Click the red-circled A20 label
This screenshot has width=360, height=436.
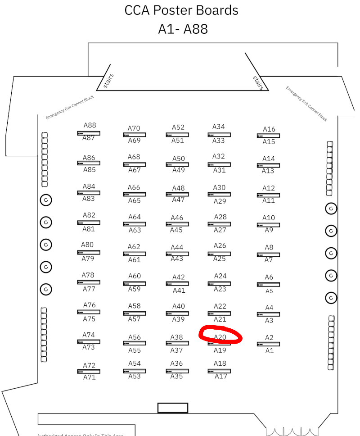[x=220, y=337]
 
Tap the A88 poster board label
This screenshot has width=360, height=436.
[x=90, y=126]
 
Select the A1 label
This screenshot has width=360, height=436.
[x=269, y=350]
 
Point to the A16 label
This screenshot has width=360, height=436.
[x=269, y=129]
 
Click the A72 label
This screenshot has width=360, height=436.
[x=89, y=365]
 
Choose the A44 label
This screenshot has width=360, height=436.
[x=177, y=247]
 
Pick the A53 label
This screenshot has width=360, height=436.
[x=135, y=377]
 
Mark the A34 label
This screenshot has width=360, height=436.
[x=219, y=127]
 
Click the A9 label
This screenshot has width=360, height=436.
[x=269, y=230]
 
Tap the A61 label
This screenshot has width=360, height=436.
[x=135, y=260]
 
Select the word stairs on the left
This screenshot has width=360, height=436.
[x=108, y=81]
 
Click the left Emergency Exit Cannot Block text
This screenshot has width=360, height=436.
[x=70, y=107]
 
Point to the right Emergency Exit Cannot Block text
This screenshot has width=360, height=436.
[x=306, y=103]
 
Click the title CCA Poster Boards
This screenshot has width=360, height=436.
[x=181, y=10]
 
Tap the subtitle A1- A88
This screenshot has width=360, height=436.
[x=183, y=29]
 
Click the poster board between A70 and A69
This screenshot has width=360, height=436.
[x=134, y=135]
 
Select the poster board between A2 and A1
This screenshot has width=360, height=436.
[x=268, y=344]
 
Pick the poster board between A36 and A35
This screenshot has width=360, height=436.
[x=177, y=371]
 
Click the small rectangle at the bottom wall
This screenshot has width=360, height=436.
[x=172, y=408]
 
